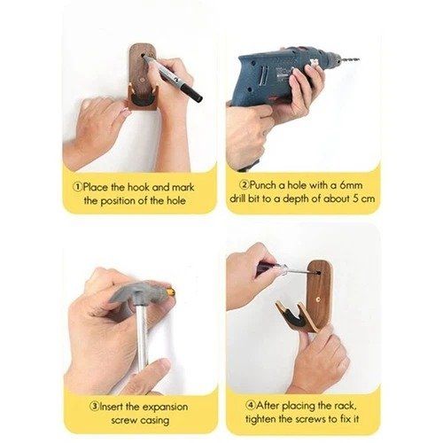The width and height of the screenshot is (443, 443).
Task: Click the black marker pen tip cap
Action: pos(191,93)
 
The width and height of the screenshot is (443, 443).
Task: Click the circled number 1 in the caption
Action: pos(78,187)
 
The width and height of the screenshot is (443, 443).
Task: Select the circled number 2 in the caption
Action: pos(245,185)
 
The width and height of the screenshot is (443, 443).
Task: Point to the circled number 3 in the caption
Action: pos(95,406)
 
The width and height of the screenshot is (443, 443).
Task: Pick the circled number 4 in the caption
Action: pos(251,405)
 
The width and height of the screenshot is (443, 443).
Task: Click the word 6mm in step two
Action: pos(351,185)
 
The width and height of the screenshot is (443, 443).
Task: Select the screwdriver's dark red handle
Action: pos(268,268)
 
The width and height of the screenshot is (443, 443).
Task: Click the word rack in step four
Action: pos(345,406)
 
